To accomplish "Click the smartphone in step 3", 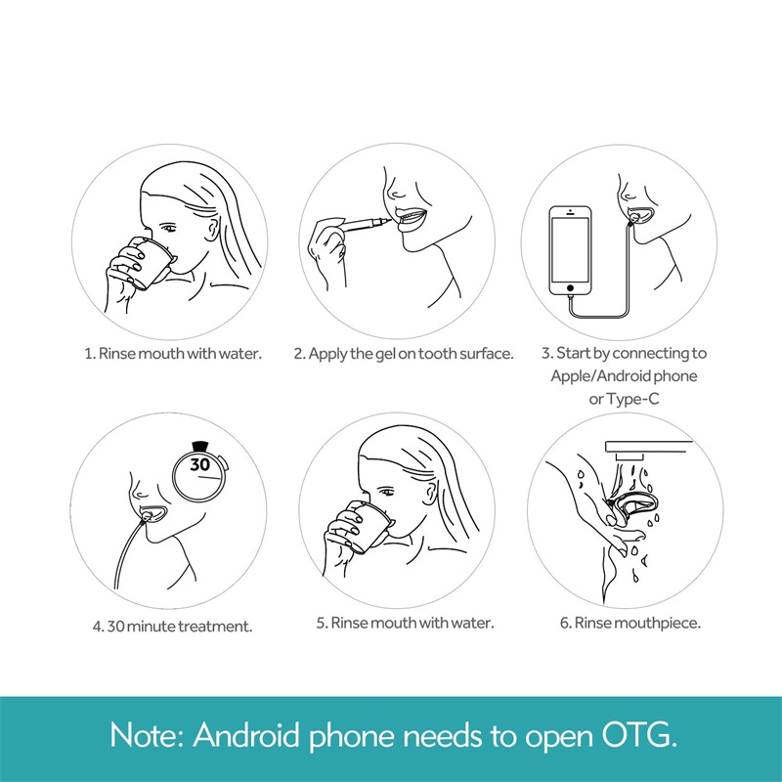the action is point(570,251).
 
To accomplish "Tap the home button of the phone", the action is point(570,287).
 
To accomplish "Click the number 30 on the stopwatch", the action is point(200,464).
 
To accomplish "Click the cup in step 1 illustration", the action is point(152,263).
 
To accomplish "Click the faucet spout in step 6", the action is point(648,448).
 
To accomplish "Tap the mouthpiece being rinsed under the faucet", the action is point(635,508).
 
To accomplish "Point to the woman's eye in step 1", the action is point(169,228).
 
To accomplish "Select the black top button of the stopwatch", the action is point(200,446).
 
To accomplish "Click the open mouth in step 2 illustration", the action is point(412,217).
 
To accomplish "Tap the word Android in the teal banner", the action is point(246,735).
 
